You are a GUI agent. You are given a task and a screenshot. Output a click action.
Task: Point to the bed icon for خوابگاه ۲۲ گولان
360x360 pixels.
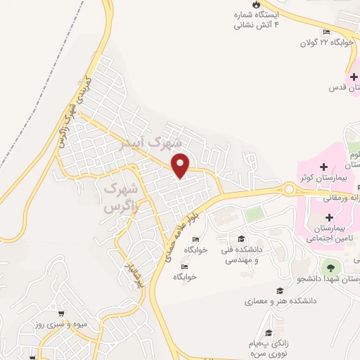coord(326,32)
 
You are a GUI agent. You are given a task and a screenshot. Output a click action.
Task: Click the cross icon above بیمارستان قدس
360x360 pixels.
coord(354,76)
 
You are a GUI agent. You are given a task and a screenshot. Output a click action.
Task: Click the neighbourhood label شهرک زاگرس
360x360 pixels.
coord(119,198)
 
